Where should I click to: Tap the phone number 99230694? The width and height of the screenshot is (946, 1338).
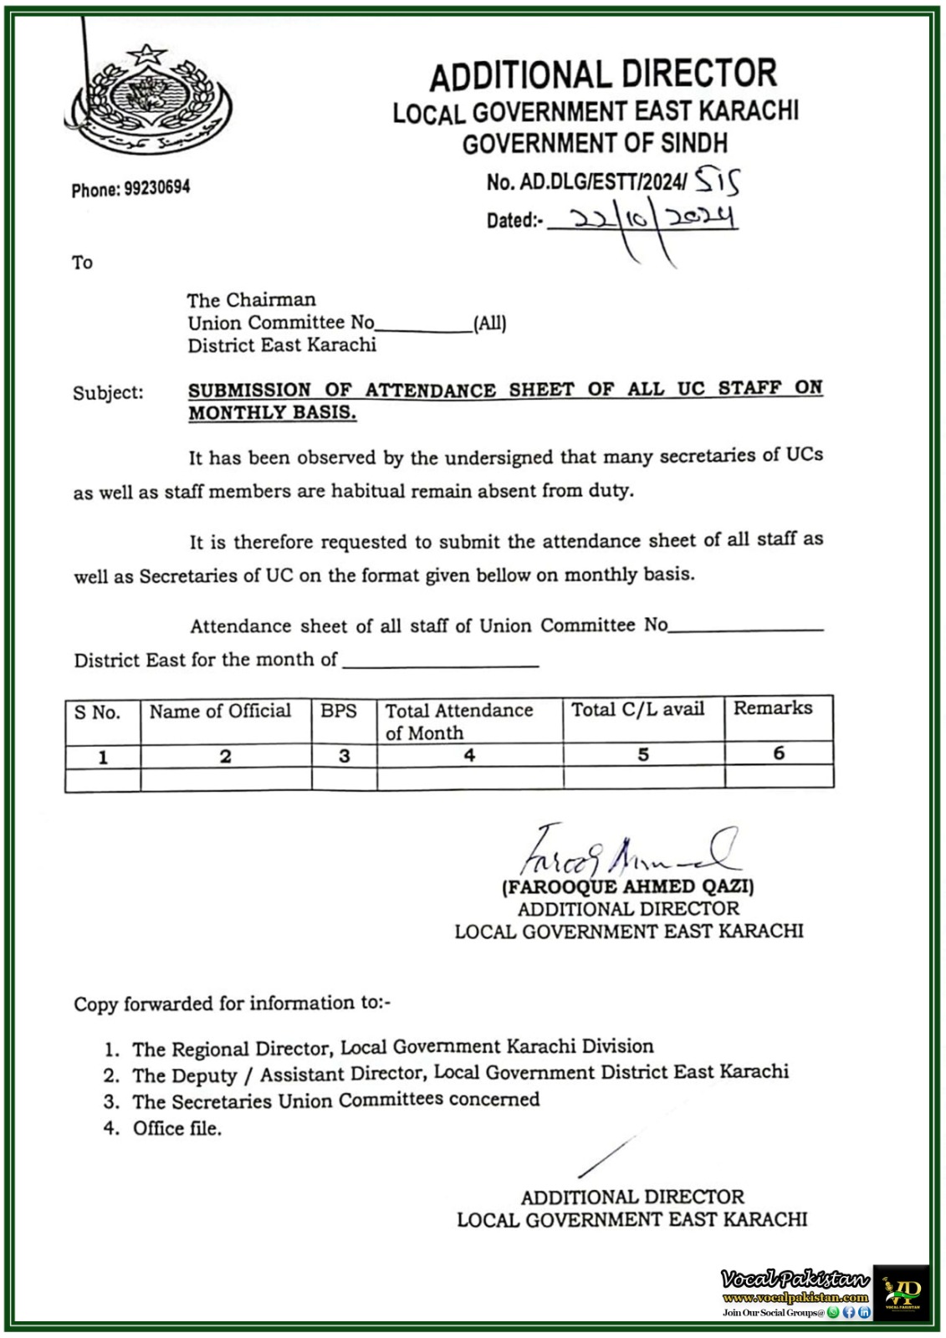click(x=157, y=188)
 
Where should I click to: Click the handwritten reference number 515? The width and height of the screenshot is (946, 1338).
click(x=717, y=180)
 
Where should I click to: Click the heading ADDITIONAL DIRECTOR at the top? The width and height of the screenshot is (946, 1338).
click(x=602, y=75)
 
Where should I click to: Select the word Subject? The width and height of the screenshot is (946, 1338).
click(x=107, y=393)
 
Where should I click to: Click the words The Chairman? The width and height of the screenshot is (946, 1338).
click(x=251, y=300)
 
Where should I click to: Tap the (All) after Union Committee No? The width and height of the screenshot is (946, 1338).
click(x=490, y=324)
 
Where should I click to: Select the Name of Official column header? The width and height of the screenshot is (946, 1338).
click(x=220, y=712)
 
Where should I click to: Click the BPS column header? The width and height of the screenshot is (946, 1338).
click(x=339, y=712)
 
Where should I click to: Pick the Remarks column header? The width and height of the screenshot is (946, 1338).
click(x=773, y=708)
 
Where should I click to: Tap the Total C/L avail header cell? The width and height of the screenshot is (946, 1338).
click(x=637, y=710)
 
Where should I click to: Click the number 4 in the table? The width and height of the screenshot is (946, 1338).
click(x=469, y=755)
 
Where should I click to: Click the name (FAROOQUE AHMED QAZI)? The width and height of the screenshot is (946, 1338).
click(x=628, y=887)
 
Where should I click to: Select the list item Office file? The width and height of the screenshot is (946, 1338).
click(x=176, y=1129)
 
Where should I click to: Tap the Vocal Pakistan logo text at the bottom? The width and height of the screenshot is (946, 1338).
click(x=795, y=1279)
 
